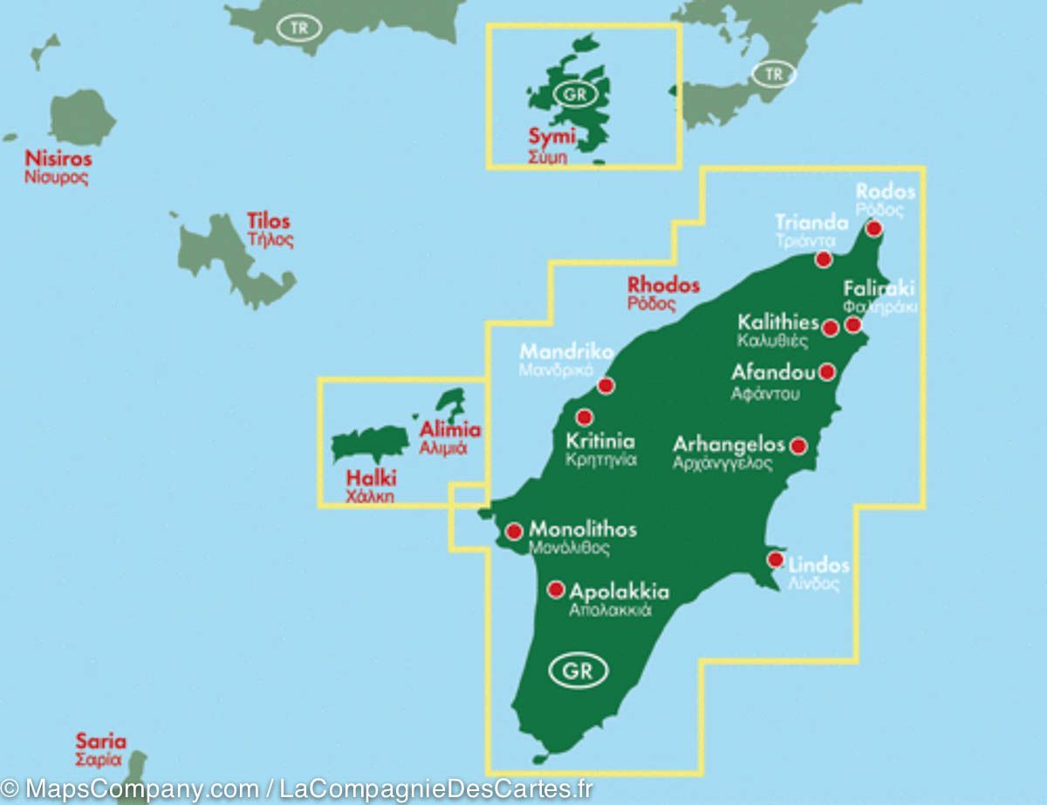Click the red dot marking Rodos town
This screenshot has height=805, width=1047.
click(873, 229)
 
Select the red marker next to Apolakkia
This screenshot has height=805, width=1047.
click(555, 589)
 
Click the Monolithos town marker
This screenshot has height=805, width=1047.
click(514, 530)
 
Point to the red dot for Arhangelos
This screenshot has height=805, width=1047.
click(797, 446)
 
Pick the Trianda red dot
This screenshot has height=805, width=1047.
click(823, 259)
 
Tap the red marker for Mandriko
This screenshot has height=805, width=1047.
click(606, 385)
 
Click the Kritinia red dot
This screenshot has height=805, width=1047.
click(585, 417)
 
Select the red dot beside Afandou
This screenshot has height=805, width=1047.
click(827, 372)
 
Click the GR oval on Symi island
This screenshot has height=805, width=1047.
click(572, 94)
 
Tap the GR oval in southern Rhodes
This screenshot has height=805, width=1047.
click(578, 671)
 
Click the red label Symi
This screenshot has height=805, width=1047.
click(551, 137)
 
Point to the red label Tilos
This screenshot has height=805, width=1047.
click(268, 221)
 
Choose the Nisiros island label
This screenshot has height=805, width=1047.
click(58, 159)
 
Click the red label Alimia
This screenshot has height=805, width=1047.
click(450, 430)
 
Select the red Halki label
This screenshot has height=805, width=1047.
click(371, 478)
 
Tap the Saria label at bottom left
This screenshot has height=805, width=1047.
click(100, 741)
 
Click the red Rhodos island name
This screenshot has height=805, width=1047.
click(663, 285)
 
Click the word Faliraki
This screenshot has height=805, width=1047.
click(879, 289)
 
